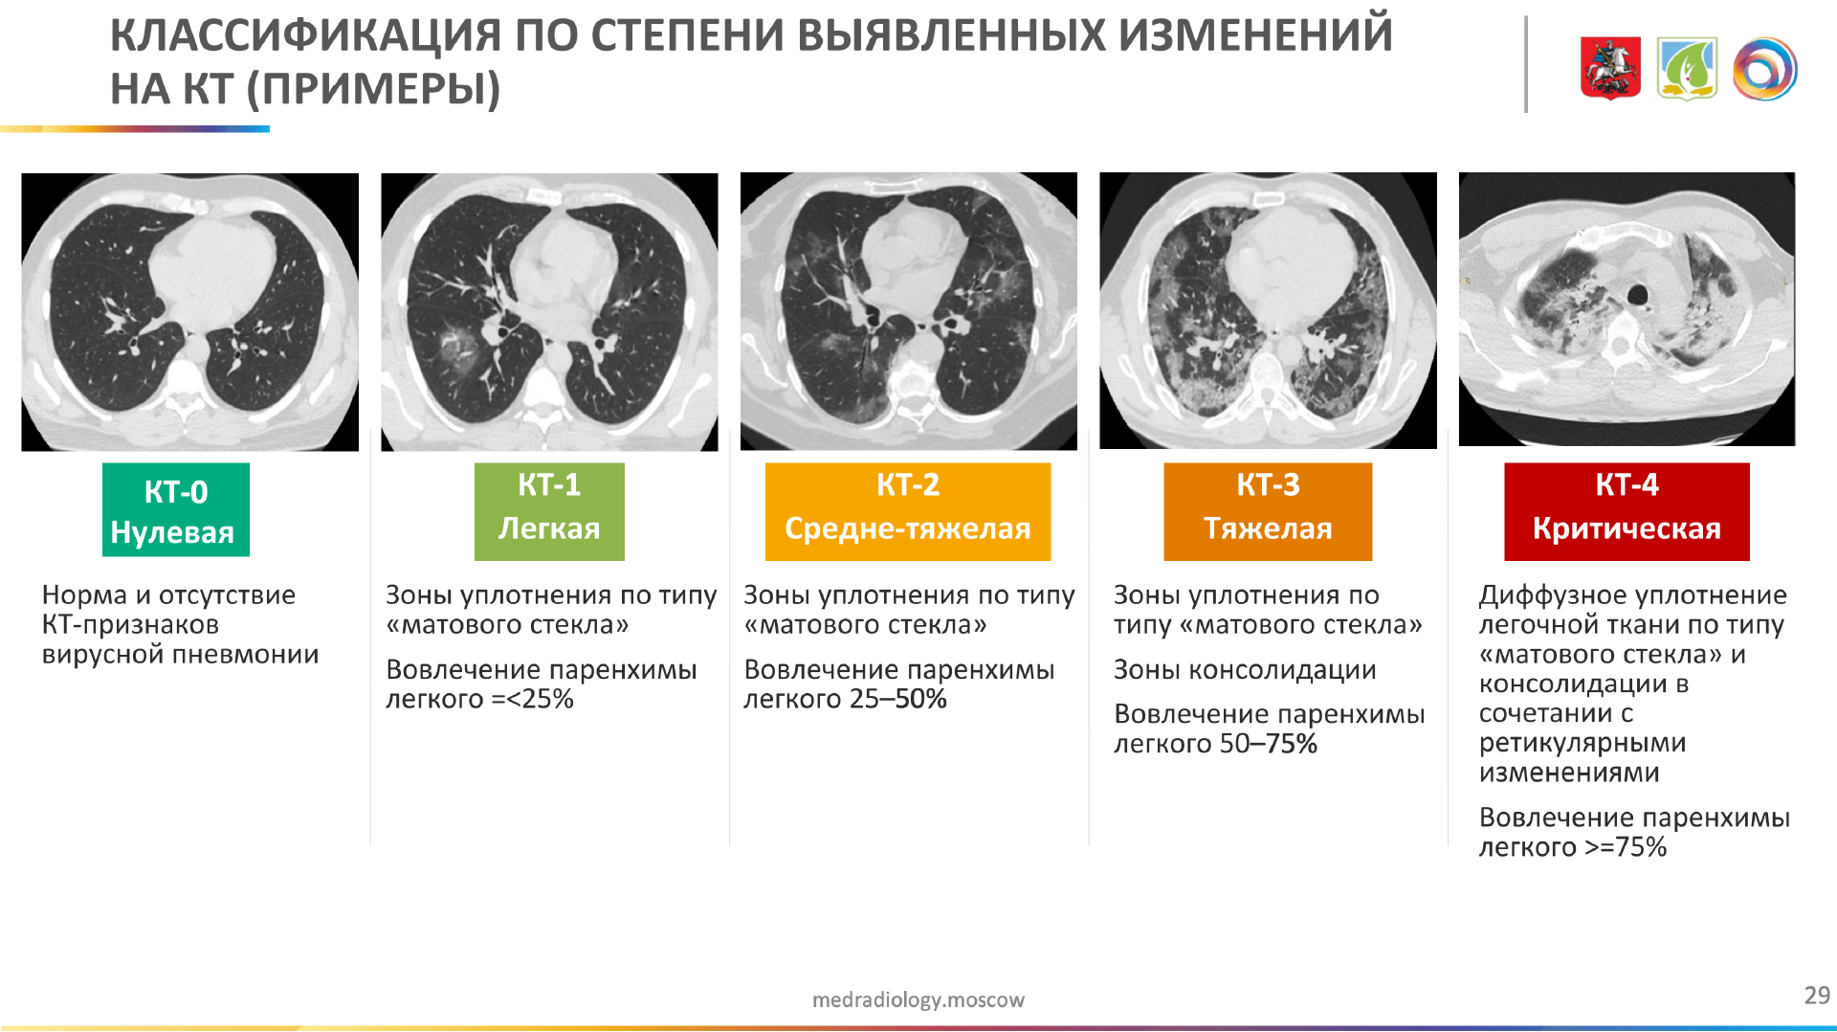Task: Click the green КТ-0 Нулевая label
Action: pyautogui.click(x=176, y=509)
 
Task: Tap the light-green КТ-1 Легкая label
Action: pyautogui.click(x=549, y=511)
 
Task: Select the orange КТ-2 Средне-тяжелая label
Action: pyautogui.click(x=908, y=511)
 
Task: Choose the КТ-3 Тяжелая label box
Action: pyautogui.click(x=1268, y=511)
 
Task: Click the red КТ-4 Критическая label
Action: pyautogui.click(x=1627, y=511)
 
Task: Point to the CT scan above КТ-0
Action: pyautogui.click(x=190, y=312)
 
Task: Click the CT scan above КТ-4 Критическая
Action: pyautogui.click(x=1627, y=309)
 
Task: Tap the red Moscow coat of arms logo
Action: pyautogui.click(x=1610, y=68)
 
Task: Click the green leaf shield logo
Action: pyautogui.click(x=1688, y=68)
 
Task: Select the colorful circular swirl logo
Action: pyautogui.click(x=1765, y=68)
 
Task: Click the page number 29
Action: pyautogui.click(x=1817, y=996)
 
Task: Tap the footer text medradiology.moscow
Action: pyautogui.click(x=918, y=999)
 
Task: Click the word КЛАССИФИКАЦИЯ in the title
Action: pyautogui.click(x=305, y=36)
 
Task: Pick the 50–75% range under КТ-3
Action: pyautogui.click(x=1268, y=744)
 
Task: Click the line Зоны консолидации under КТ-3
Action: pyautogui.click(x=1245, y=670)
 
